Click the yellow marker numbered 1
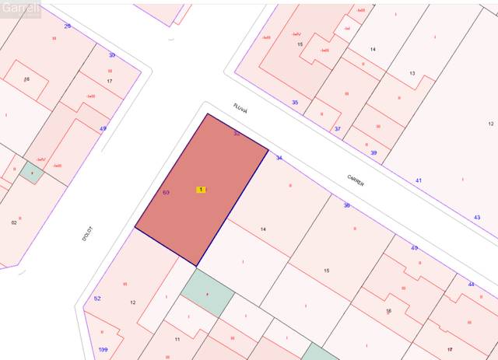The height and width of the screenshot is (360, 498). (x=202, y=190)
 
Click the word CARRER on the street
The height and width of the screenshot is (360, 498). (x=356, y=179)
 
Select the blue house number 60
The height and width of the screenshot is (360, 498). (x=166, y=192)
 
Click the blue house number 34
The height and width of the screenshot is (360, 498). (x=279, y=158)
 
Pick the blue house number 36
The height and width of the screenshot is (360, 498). (x=347, y=205)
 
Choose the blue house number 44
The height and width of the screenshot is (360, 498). (x=471, y=285)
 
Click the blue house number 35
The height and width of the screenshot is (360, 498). (x=295, y=103)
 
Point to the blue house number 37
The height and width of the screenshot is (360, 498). (x=337, y=128)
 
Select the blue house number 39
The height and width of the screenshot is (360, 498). (x=373, y=153)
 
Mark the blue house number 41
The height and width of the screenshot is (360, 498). (x=419, y=180)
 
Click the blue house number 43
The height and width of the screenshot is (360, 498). (x=476, y=217)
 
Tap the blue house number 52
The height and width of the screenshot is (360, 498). (x=97, y=299)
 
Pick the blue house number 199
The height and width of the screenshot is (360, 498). (x=103, y=350)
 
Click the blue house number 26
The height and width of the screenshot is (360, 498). (x=67, y=26)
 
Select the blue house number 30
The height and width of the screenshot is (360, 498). (x=111, y=55)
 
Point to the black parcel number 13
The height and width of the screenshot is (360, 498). (x=412, y=74)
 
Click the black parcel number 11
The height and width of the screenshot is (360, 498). (x=177, y=340)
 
